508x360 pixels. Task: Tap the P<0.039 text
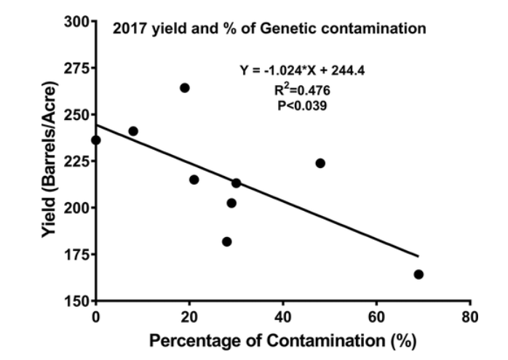pos(294,105)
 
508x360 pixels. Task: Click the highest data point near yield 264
pos(185,88)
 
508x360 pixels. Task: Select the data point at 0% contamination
pos(96,140)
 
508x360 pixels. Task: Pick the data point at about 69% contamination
pos(418,274)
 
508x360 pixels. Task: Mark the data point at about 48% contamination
pos(320,163)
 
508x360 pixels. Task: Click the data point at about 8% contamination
pos(133,132)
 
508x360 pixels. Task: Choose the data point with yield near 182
pos(227,241)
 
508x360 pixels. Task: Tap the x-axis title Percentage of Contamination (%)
pos(283,340)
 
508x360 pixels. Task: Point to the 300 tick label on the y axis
pos(73,22)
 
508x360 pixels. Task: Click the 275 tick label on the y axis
pos(73,68)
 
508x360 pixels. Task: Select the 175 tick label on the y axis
pos(73,254)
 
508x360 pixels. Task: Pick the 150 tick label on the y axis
pos(73,300)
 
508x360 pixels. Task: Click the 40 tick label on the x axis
pos(283,316)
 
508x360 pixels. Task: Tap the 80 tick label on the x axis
pos(470,316)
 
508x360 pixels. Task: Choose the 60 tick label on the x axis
pos(376,316)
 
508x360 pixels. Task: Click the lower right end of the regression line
pos(418,255)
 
